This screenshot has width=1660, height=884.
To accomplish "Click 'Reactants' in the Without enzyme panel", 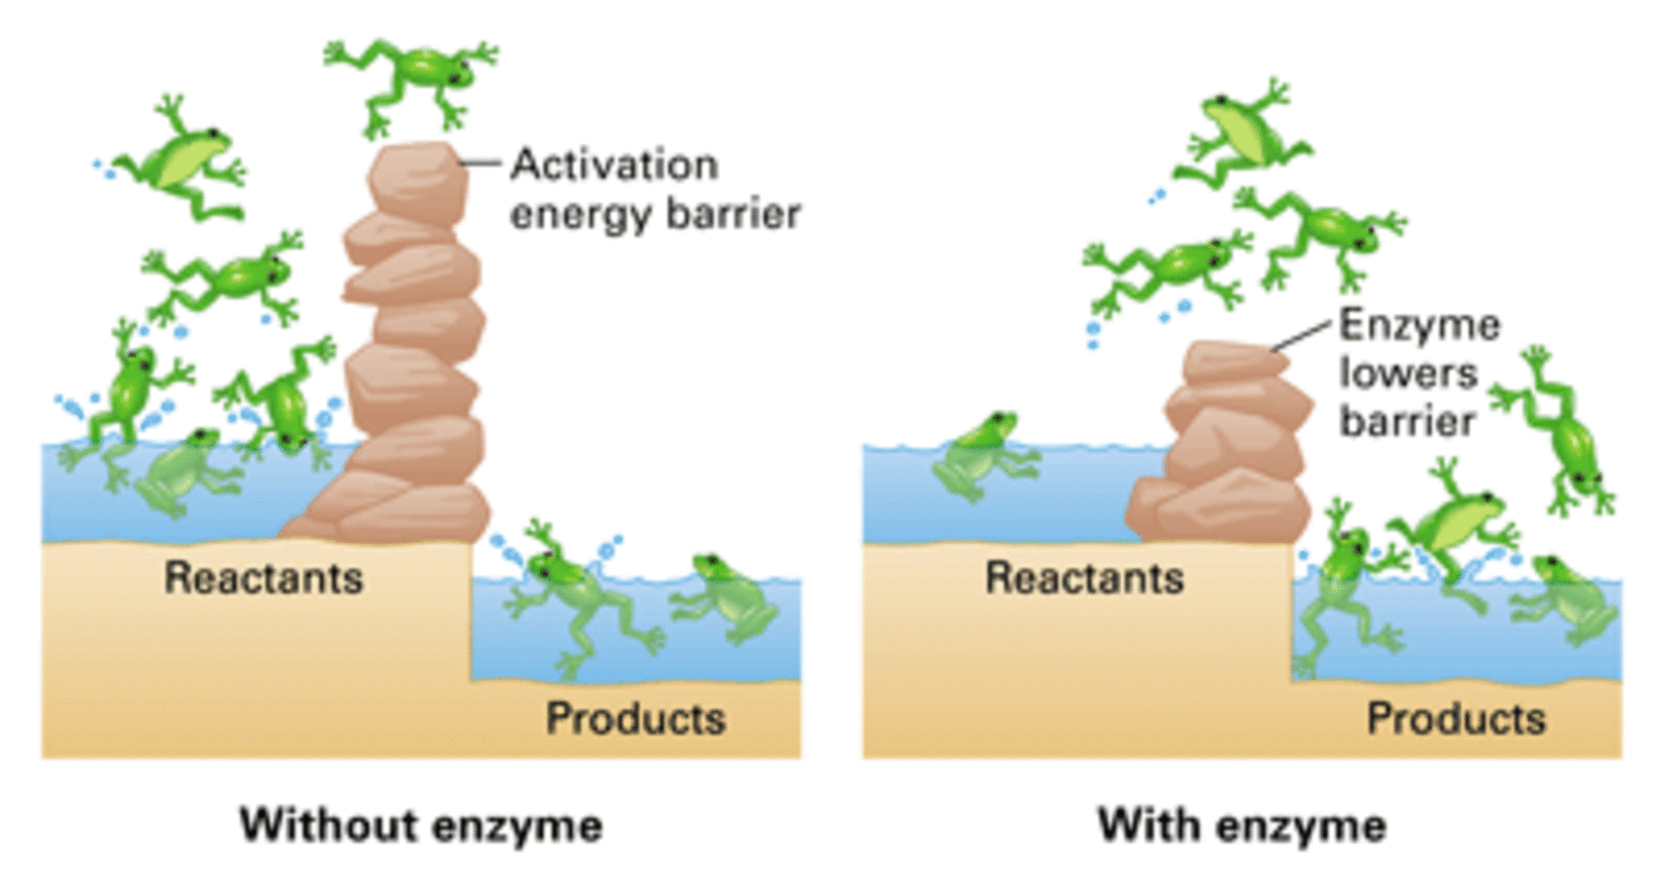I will click(x=263, y=578).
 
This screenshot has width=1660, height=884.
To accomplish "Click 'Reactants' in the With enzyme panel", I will click(x=1084, y=578).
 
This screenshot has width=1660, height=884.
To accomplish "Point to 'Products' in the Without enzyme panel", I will click(x=635, y=718).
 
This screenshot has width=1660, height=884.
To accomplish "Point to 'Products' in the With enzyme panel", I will click(x=1456, y=718).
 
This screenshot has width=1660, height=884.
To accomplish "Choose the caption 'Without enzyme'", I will click(x=421, y=826).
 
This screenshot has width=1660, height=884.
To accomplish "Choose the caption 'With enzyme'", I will click(x=1242, y=826).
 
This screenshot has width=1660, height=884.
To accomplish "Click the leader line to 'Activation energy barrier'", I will click(x=481, y=163).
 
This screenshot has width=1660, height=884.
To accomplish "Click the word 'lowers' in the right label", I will click(x=1409, y=373).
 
